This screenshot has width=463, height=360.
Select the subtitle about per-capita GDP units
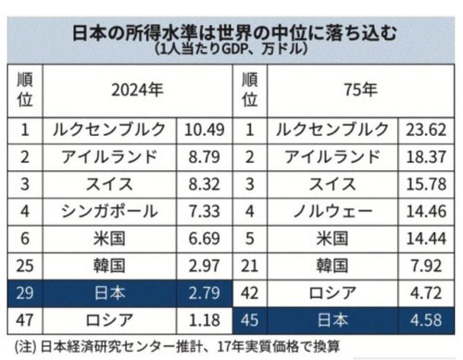tap(231, 47)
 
